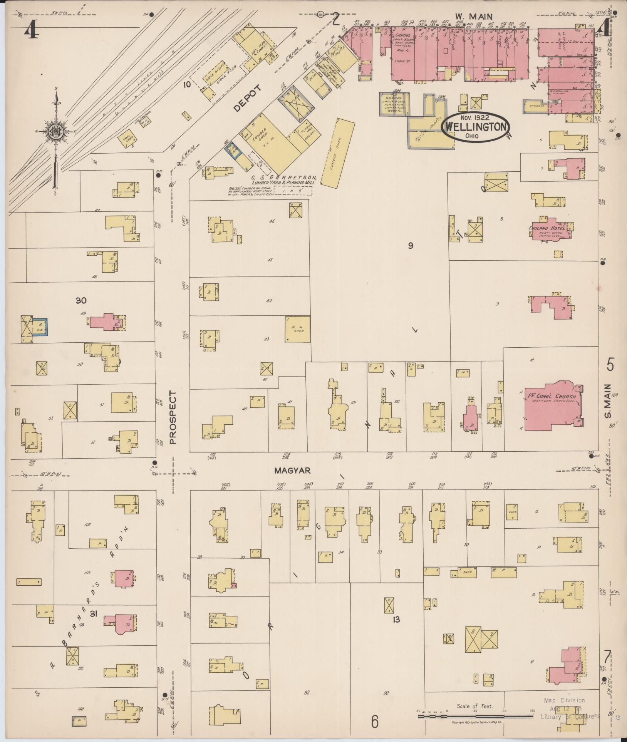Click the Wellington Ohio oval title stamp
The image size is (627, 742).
[x=476, y=127]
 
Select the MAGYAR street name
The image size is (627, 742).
[x=292, y=471]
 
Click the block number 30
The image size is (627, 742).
[x=81, y=300]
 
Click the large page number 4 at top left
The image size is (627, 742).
[x=31, y=30]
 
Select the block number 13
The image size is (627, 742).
[x=396, y=620]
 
